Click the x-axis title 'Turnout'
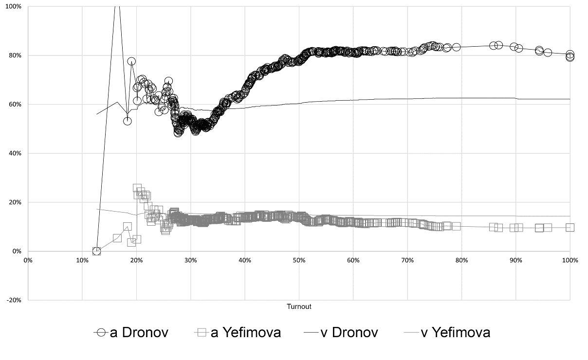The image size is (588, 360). pos(299,306)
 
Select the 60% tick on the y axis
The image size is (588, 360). pos(15,104)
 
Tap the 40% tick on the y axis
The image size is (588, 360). pos(15,153)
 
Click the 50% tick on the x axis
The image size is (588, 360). pos(299,260)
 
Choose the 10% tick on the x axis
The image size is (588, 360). pos(82,260)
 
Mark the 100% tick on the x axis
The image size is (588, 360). pos(570,260)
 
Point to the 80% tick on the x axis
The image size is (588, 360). pos(461,260)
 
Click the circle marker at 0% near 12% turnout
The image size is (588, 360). pos(96,251)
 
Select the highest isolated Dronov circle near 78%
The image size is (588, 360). pos(131,61)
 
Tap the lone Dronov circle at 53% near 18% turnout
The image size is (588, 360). pos(128,121)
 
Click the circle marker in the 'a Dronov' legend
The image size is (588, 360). pos(101,333)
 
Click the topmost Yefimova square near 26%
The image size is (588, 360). pos(137,188)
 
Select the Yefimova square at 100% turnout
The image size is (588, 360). pos(570,227)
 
